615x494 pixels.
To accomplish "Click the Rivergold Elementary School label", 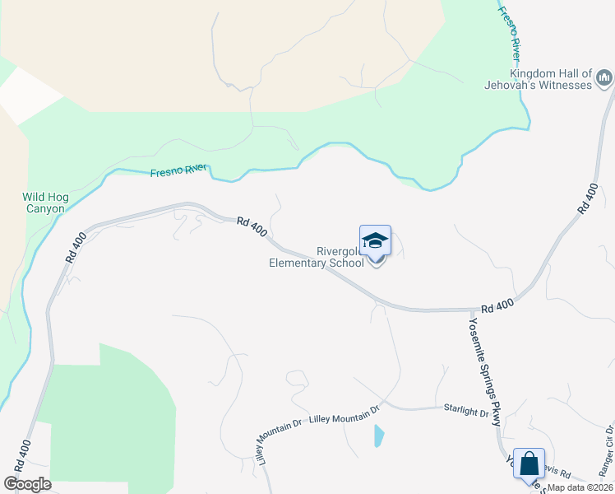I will (x=317, y=258).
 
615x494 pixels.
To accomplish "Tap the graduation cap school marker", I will (x=375, y=240).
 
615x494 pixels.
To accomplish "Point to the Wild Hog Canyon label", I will (x=43, y=203).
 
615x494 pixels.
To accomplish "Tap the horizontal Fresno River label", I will (x=178, y=170).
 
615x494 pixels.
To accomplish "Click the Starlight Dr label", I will (x=466, y=410).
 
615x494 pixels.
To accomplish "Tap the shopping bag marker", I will (x=529, y=464).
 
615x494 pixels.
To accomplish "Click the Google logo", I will (x=27, y=483).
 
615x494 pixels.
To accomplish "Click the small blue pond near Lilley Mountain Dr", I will (x=377, y=435).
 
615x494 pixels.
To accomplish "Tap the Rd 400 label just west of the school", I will (x=252, y=226).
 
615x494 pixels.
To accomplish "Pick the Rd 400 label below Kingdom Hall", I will (x=587, y=200).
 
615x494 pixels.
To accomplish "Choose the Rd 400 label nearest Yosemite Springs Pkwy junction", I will (x=497, y=305).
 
